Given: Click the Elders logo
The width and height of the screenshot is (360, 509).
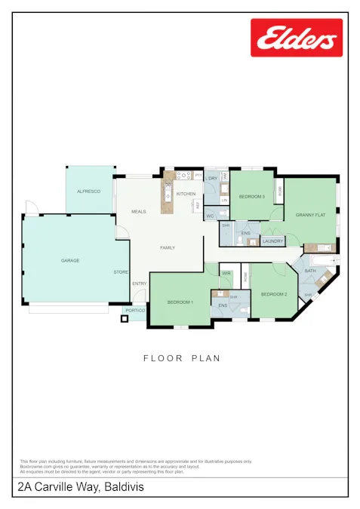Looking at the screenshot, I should click(296, 38).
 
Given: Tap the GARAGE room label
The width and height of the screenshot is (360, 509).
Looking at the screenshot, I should click(70, 261).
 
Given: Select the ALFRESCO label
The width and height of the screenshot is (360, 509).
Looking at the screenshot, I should click(88, 192).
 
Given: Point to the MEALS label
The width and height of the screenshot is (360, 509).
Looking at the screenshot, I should click(138, 212).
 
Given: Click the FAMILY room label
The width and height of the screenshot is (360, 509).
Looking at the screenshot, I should click(167, 247).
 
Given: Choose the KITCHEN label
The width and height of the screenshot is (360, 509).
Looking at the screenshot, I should click(186, 195).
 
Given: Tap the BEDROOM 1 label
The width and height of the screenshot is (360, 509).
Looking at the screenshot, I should click(180, 302).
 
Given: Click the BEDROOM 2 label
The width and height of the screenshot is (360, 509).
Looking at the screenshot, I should click(273, 294).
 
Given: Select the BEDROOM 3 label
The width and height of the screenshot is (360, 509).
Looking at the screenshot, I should click(251, 196).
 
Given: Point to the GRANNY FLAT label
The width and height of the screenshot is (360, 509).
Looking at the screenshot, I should click(310, 215).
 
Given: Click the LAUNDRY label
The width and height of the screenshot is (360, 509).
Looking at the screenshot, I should click(272, 241).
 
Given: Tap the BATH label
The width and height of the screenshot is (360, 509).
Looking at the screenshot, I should click(310, 271).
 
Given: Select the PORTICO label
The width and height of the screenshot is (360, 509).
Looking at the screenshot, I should click(135, 311).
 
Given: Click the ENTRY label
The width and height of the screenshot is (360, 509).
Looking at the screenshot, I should click(139, 284).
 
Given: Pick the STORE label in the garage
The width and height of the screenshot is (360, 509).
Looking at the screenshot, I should click(121, 271).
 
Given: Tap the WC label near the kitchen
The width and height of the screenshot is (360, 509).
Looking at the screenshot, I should click(211, 216).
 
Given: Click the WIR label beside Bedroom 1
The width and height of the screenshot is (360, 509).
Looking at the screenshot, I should click(226, 273).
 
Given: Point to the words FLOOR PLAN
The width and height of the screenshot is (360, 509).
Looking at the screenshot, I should click(182, 358).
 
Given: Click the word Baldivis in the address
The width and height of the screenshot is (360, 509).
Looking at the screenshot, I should click(125, 488).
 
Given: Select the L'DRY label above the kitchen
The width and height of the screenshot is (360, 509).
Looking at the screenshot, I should click(213, 178).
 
